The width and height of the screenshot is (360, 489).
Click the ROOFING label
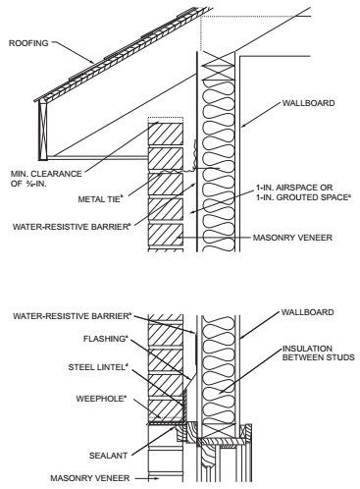pos(28,43)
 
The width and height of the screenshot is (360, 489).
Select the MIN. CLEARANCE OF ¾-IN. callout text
pos(46,179)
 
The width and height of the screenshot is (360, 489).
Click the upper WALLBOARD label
pos(308,103)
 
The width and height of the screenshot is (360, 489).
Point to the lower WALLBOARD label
pos(307,312)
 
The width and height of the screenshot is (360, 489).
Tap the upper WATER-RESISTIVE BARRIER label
pos(72,227)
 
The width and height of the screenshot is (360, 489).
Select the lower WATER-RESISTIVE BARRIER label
pos(72,316)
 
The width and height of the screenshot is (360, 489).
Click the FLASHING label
pos(105,339)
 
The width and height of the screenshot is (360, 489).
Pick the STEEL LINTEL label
pos(97,367)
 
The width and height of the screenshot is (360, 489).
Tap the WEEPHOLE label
pos(101,399)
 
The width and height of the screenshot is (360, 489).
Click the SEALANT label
pos(108,456)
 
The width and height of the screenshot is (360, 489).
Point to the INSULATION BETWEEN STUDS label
pos(318,353)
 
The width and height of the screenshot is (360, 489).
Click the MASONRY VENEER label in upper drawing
pos(292,238)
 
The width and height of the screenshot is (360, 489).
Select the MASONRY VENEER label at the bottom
pos(90,478)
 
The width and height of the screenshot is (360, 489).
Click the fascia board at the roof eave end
pos(43,131)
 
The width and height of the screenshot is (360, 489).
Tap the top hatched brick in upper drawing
pos(166,134)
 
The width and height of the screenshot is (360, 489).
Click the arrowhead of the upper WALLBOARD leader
pos(243,126)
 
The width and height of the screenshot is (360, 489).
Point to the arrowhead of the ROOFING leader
pos(92,62)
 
